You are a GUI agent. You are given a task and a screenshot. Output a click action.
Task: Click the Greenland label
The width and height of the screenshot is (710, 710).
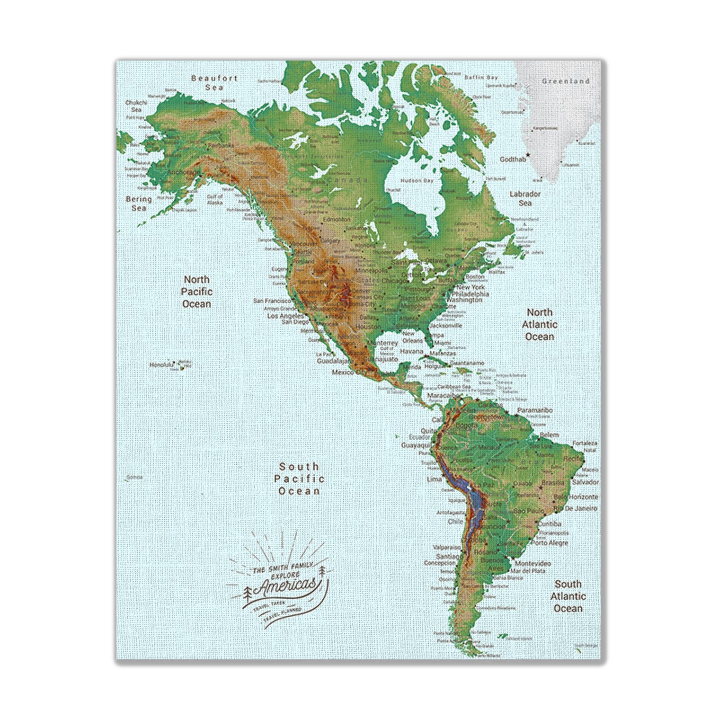coord(566,81)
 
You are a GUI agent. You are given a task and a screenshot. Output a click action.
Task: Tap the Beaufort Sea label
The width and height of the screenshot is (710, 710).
coord(214,83)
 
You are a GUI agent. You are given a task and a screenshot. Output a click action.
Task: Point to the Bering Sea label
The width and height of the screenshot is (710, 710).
coord(139,204)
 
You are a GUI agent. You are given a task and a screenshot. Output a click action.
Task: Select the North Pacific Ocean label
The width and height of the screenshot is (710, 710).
coord(197,292)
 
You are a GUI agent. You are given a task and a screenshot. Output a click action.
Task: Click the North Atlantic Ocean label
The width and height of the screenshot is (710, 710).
coord(540,325)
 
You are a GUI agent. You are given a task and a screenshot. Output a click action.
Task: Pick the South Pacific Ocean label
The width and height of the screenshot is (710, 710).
coord(299,479)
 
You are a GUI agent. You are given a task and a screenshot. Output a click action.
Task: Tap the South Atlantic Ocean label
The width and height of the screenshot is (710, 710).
coord(568,596)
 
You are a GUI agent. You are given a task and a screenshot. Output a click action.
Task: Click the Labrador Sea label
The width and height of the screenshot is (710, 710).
coord(525,198)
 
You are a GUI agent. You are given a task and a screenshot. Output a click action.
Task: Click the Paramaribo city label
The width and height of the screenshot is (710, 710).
coord(535,410)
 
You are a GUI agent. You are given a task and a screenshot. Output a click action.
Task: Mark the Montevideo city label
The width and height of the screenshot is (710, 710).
coord(532,564)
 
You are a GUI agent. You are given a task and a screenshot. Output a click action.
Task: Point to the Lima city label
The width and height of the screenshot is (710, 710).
coord(434,479)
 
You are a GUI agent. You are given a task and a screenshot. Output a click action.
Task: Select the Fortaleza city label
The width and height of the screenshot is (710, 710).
coord(585,444)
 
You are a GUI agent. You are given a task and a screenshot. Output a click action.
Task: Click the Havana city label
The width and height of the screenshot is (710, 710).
coord(411,352)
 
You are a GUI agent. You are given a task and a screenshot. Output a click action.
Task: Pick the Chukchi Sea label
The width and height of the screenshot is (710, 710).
coord(137,106)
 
